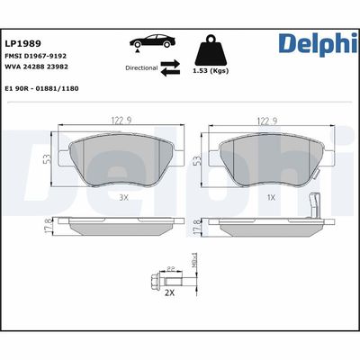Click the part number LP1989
(21, 41)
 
